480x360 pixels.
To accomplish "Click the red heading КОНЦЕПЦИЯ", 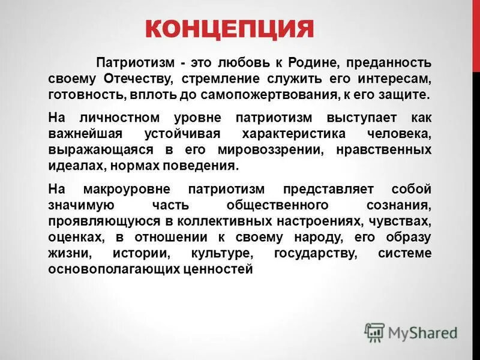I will point(230,28).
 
